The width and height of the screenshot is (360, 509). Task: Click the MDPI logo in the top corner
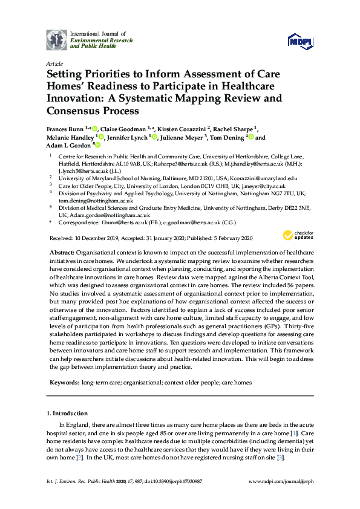pos(301,41)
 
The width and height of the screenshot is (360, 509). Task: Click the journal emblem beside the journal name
pos(57,39)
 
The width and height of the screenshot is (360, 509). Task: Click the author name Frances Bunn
pos(64,129)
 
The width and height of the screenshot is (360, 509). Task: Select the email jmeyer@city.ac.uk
pos(257,186)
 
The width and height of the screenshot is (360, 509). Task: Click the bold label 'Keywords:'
pos(63,383)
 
